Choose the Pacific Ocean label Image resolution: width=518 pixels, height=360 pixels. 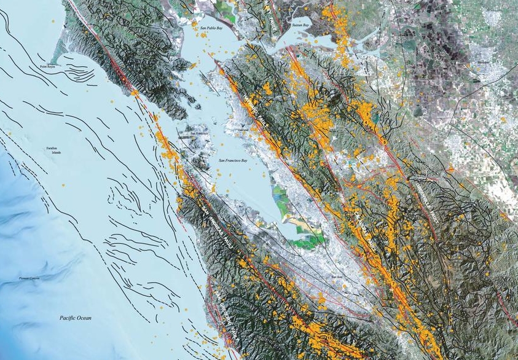tap(76, 318)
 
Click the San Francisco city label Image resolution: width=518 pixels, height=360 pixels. tap(200, 133)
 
